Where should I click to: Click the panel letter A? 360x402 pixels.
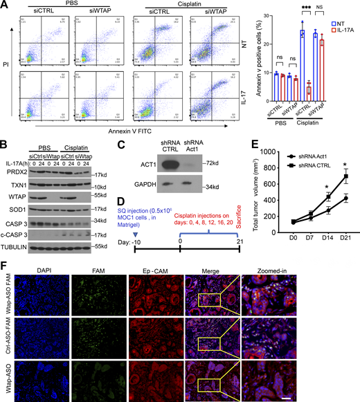tap(6, 6)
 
